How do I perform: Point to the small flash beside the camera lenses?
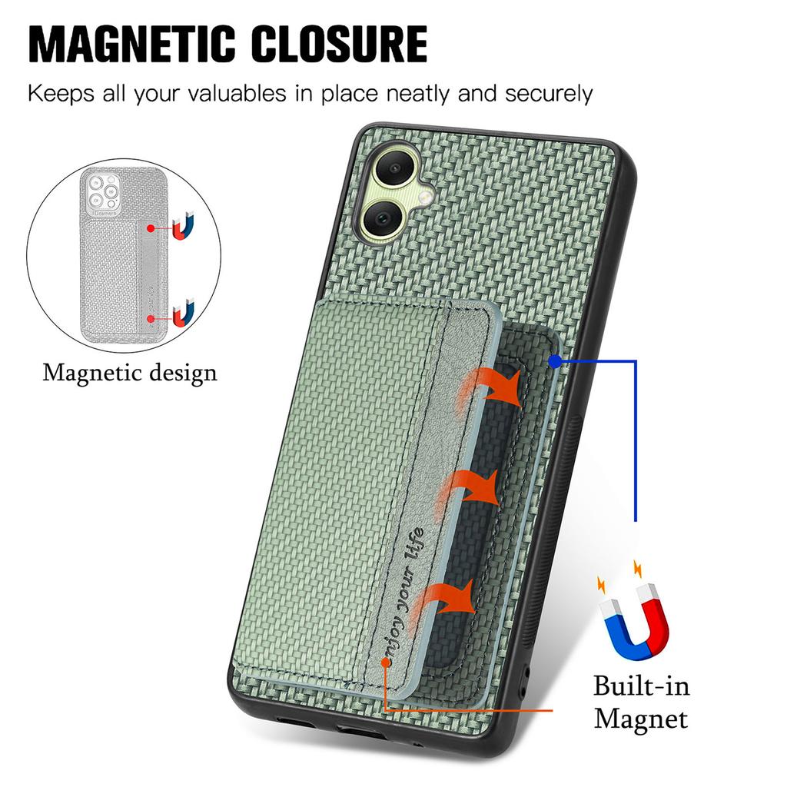425,198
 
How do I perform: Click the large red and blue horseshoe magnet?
635,619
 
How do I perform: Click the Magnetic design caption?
130,373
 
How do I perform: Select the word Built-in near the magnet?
642,685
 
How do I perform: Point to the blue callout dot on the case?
555,359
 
